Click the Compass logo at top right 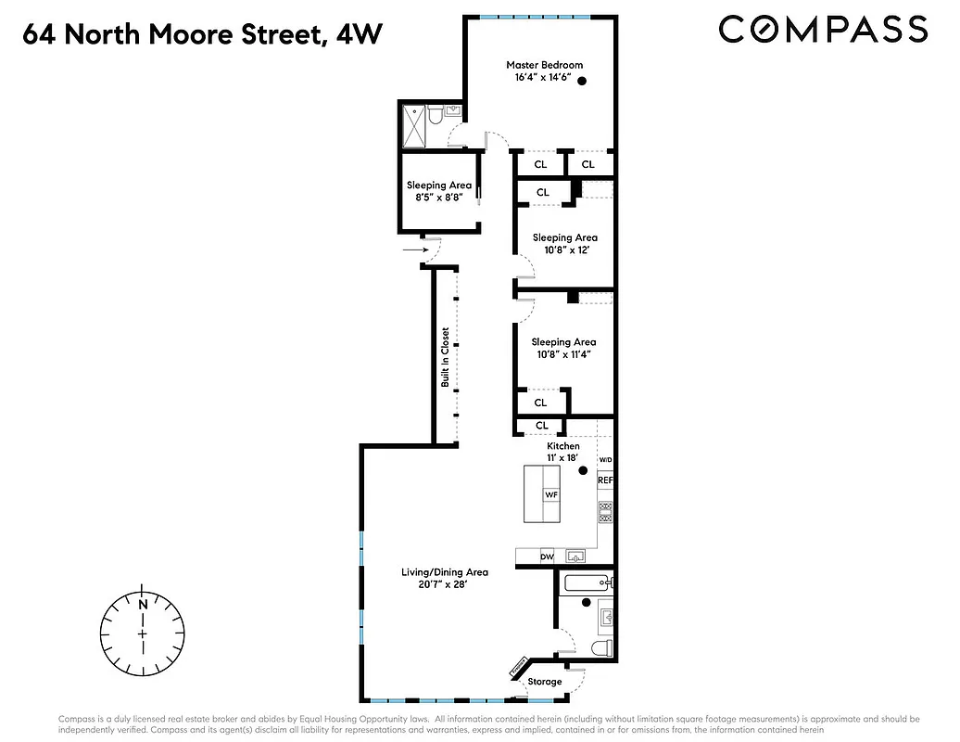823,30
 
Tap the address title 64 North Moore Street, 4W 200,35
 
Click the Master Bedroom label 544,65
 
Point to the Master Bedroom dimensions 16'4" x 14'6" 544,78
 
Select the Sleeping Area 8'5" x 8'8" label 438,185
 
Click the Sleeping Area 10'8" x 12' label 564,238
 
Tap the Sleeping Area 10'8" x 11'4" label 562,342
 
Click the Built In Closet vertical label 445,357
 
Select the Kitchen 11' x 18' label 562,446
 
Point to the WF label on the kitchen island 550,495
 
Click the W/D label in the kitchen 605,460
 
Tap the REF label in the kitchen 605,480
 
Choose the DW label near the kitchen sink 547,556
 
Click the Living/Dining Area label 444,572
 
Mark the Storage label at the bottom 545,682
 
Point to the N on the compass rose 143,605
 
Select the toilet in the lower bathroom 600,646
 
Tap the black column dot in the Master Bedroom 583,81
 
